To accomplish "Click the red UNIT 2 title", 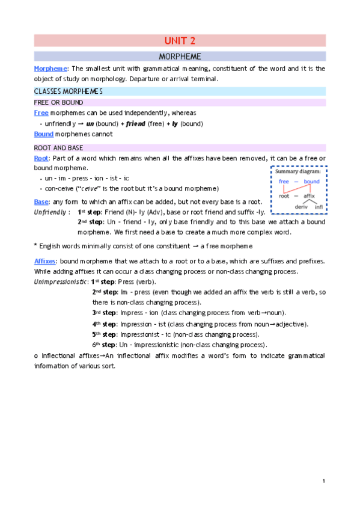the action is coord(180,41).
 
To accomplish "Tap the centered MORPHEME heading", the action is coord(180,57).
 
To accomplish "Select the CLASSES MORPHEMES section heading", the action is coord(68,91).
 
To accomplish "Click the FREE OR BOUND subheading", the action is coord(58,102).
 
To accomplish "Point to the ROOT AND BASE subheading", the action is coord(59,147).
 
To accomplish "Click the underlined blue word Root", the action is coord(41,158).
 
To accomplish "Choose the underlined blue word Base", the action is coord(41,201).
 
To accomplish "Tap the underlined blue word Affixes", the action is coord(44,261).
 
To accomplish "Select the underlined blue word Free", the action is coord(41,113).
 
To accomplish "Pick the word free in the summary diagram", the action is coord(284,182).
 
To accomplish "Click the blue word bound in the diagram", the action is coord(311,182).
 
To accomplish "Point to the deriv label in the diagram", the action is coord(301,206).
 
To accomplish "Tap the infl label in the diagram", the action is coord(319,206).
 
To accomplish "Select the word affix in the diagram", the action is coord(310,195).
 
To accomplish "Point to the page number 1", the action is coord(323,481).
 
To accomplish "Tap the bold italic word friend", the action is coord(136,124).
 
